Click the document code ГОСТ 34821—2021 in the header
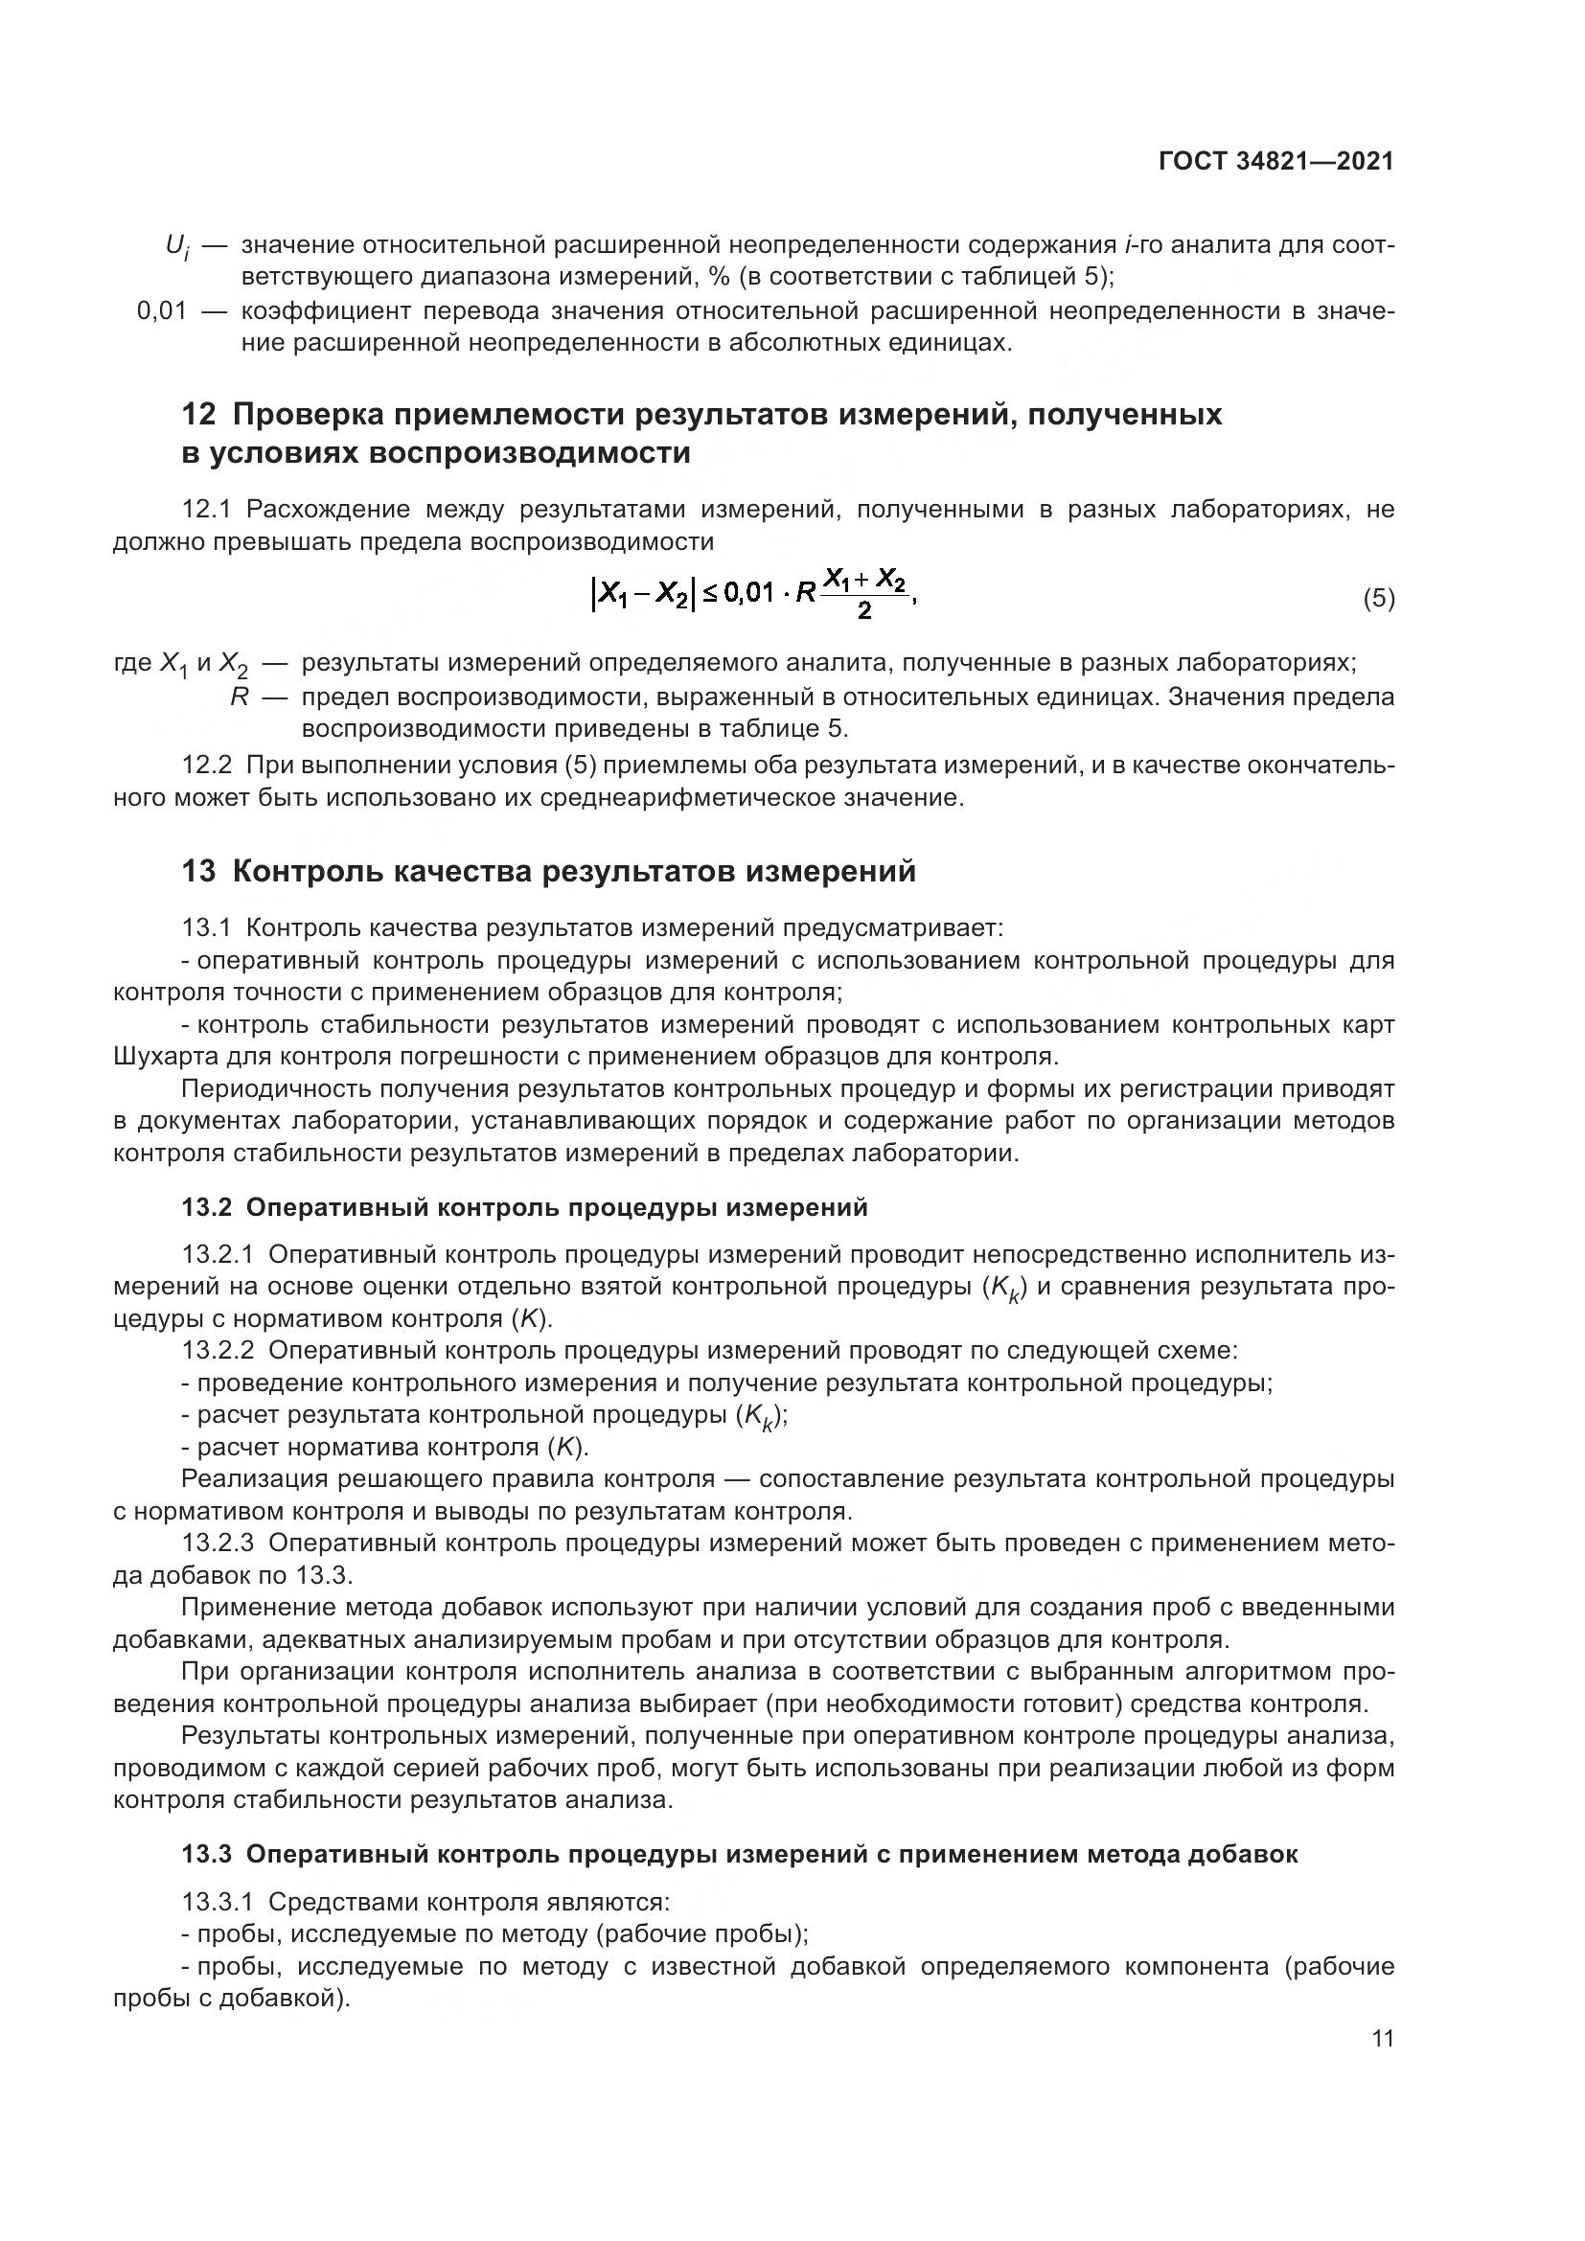(1275, 161)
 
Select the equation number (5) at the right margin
(1378, 598)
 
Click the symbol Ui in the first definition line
(176, 247)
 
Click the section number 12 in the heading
(198, 415)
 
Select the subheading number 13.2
(206, 1207)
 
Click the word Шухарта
(162, 1057)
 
